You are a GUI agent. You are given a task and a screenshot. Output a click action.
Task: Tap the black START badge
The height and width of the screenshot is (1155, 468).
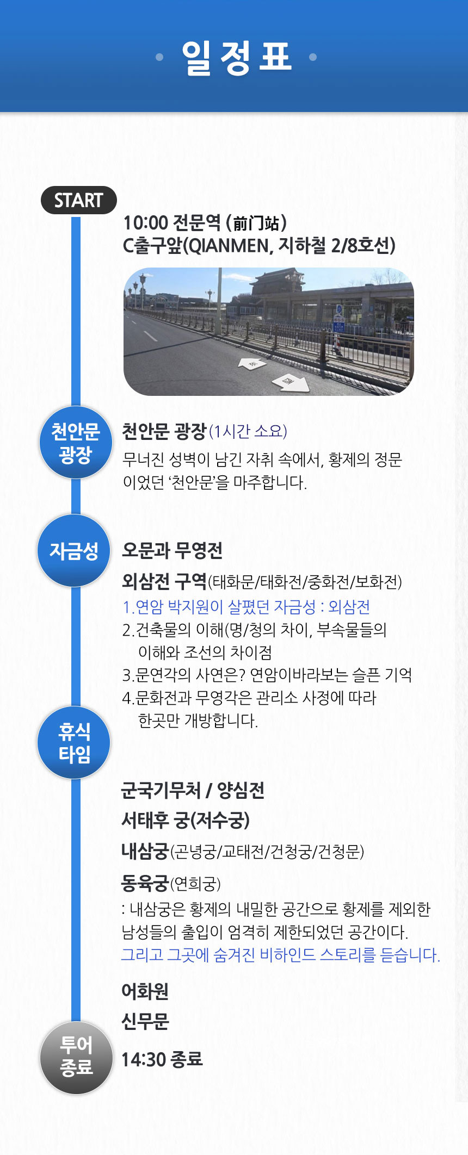pos(79,200)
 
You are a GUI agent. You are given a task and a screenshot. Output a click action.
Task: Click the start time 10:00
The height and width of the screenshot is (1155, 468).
pos(145,222)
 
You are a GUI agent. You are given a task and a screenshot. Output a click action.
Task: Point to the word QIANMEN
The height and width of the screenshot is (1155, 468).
pos(229,246)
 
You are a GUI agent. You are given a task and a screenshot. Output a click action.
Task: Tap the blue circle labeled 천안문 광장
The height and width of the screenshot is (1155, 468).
pos(76,443)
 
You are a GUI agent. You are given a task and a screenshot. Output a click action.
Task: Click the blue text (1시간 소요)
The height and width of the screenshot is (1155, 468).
pos(248,431)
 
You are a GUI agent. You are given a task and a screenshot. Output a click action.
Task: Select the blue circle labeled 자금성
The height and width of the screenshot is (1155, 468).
pos(74,551)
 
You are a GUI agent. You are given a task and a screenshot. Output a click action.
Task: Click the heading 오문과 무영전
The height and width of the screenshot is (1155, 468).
pos(172,550)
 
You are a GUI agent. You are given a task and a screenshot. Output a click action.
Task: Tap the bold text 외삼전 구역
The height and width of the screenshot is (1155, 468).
pos(164,581)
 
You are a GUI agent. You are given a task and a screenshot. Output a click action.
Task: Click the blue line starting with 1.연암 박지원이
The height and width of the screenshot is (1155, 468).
pos(246,606)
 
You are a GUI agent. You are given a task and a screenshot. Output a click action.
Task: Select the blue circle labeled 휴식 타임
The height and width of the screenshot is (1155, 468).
pos(74,743)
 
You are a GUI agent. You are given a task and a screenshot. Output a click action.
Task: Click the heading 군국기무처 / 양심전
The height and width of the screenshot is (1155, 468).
pos(193,790)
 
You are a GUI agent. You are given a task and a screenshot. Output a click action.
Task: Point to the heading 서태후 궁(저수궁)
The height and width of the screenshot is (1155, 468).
pos(186,820)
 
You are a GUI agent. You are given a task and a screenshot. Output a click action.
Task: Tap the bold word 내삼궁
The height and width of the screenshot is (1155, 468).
pos(145,851)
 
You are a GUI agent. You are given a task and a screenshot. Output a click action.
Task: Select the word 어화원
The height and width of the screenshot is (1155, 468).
pos(145,991)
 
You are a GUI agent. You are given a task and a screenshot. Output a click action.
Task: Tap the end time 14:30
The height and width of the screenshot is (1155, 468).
pos(144,1059)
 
